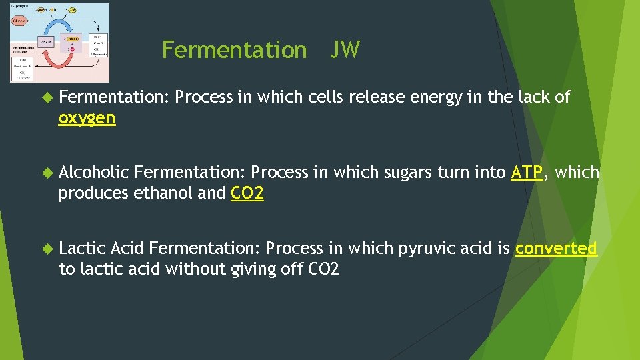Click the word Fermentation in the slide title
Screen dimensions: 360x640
[234, 50]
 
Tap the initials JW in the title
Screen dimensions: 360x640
[345, 49]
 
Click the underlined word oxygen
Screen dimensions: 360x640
[87, 119]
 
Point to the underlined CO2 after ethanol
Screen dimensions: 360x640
[247, 194]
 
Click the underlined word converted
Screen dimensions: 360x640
[556, 249]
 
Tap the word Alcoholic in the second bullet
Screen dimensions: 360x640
[93, 173]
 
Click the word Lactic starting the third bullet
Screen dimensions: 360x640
[81, 249]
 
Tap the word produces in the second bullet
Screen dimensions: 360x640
[93, 194]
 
